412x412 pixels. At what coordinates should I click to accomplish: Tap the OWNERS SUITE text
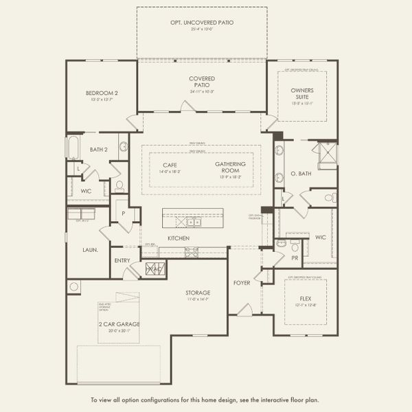point(302,93)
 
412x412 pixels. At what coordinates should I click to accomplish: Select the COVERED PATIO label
point(202,82)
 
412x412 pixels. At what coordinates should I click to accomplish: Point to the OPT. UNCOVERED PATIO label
point(202,23)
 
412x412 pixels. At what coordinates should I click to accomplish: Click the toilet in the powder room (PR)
point(294,245)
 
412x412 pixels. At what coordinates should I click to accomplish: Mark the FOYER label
point(242,282)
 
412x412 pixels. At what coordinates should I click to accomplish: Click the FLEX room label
point(306,299)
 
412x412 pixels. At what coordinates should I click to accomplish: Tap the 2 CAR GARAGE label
point(119,323)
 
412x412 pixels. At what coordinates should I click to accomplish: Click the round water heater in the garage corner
point(73,286)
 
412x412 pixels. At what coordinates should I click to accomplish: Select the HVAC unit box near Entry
point(155,269)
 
